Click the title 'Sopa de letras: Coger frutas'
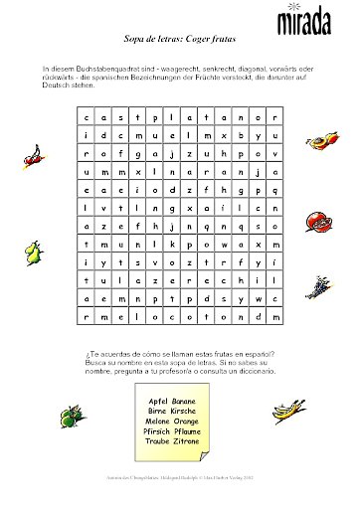point(178,47)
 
